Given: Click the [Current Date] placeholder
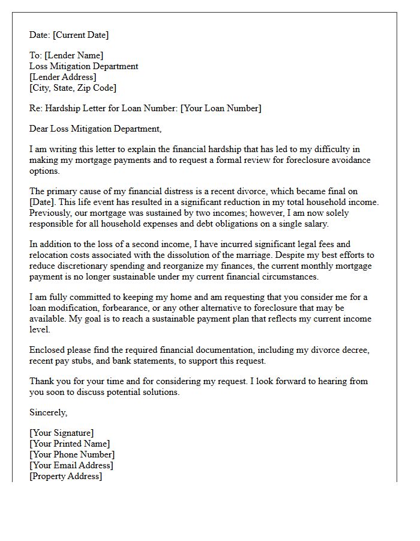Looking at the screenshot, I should [80, 35].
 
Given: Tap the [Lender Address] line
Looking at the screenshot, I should [62, 77].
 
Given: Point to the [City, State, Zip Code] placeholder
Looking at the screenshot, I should [73, 88].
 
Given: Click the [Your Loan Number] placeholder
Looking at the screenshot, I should [221, 108].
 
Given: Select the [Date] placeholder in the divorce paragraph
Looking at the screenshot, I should [42, 202].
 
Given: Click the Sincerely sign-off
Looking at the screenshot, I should [48, 412].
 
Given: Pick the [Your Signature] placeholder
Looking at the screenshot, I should [61, 433].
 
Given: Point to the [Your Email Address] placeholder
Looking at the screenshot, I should [71, 465].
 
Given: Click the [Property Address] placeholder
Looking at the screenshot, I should [65, 476].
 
